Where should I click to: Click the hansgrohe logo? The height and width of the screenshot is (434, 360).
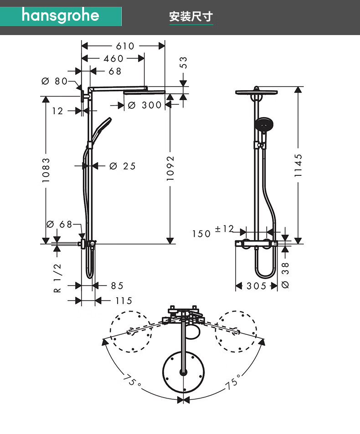click(60, 15)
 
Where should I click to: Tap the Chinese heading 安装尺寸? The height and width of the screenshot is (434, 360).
click(191, 16)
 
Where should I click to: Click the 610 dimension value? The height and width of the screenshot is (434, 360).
click(125, 46)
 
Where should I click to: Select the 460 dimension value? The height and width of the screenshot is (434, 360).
click(113, 58)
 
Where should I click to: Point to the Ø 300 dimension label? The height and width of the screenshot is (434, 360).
click(144, 105)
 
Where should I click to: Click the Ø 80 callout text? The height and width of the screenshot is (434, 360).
click(55, 81)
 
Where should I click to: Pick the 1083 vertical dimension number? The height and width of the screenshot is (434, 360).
click(46, 170)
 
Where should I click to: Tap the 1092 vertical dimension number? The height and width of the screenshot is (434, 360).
click(170, 168)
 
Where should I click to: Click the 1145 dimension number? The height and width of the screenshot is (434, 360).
click(298, 165)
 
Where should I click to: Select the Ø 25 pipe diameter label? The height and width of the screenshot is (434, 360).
click(123, 166)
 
